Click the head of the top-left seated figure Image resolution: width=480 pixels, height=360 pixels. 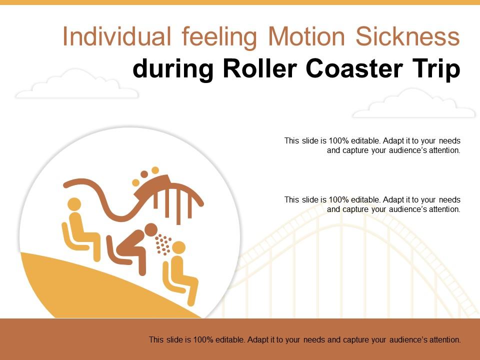point(74,204)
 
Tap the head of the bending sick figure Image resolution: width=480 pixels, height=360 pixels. point(150,230)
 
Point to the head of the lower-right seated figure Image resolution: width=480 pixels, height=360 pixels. point(178,247)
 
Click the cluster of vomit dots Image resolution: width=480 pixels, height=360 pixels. point(163,244)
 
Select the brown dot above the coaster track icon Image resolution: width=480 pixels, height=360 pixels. point(144,174)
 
